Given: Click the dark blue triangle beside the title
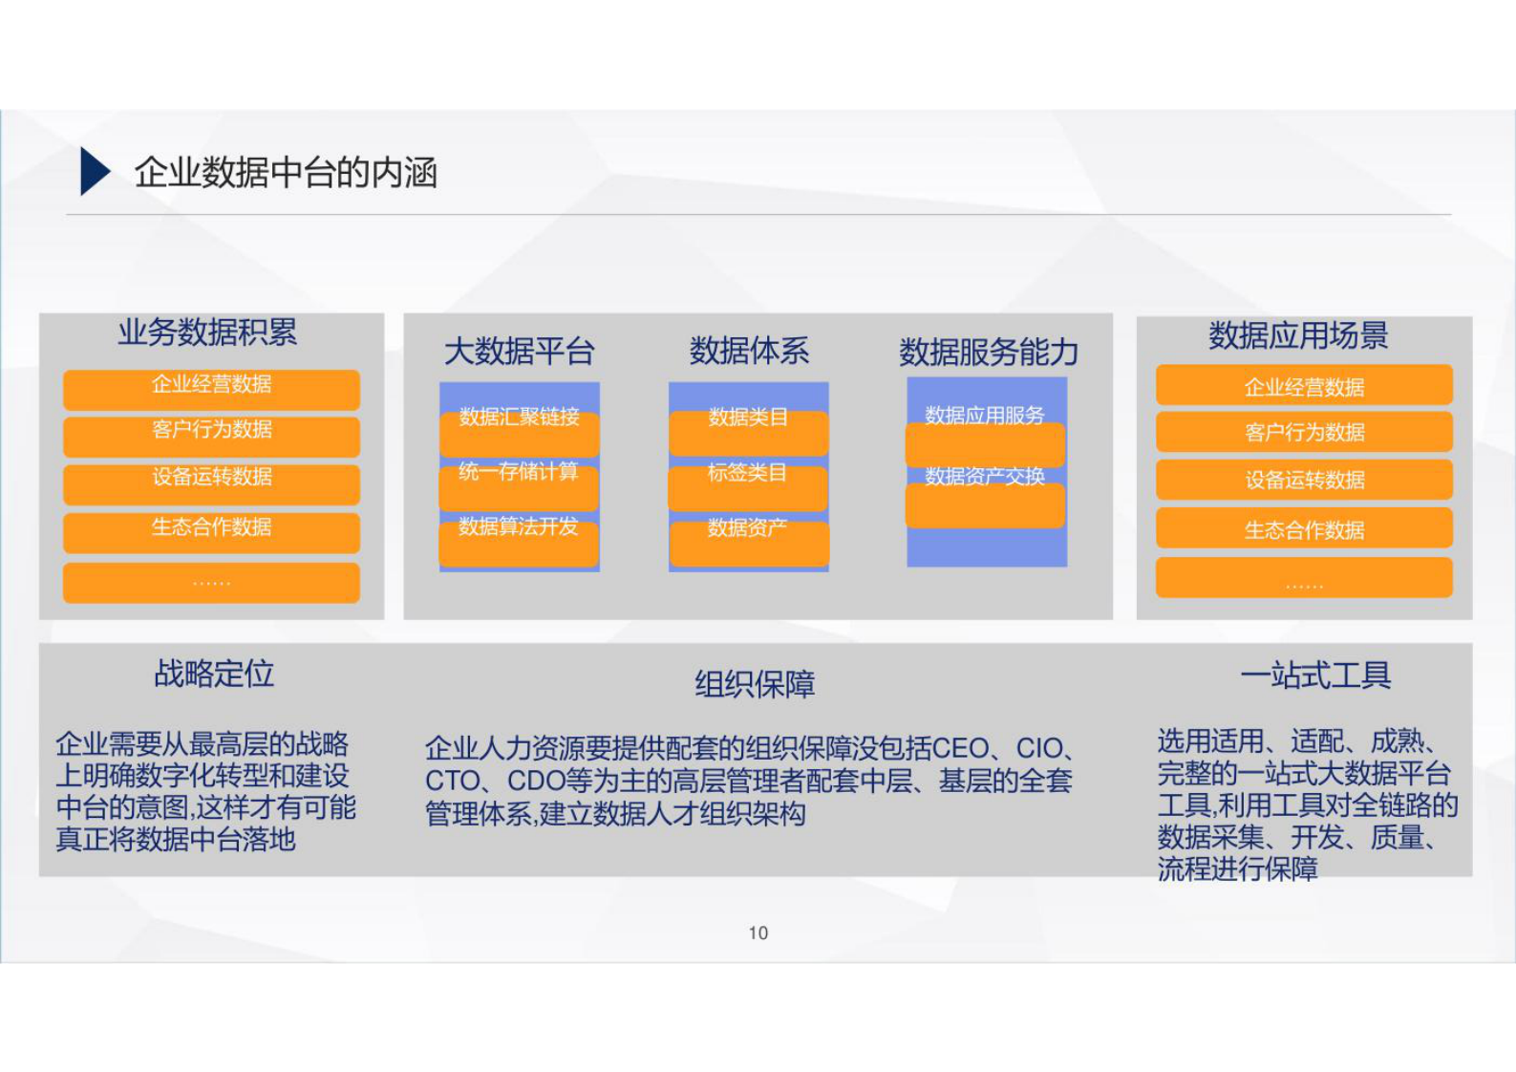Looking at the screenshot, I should click(x=94, y=172).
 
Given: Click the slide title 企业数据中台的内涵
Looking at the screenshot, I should click(x=285, y=173).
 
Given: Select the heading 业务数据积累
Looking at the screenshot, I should click(x=207, y=332).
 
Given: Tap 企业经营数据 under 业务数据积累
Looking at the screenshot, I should click(x=211, y=385).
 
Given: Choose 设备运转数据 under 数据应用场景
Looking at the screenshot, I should click(x=1304, y=481).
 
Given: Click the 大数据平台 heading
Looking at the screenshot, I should click(x=519, y=352).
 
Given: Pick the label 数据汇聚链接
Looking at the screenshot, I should click(x=519, y=417).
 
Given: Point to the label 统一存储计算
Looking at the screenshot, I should click(x=519, y=472).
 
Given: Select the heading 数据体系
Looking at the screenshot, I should click(x=749, y=351).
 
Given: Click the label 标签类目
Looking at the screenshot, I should click(x=747, y=473).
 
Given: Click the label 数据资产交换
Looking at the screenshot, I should click(x=985, y=476).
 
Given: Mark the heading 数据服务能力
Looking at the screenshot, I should click(x=988, y=353).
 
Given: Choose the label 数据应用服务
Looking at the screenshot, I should click(x=985, y=415).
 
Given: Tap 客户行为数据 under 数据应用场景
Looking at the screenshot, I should click(x=1304, y=433).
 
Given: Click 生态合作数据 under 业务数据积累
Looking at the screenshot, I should click(x=211, y=527).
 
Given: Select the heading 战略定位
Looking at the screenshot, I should click(x=214, y=674).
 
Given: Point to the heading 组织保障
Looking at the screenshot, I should click(x=754, y=684).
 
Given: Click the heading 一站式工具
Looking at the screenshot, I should click(x=1314, y=675).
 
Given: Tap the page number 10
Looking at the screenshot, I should click(x=758, y=933).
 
